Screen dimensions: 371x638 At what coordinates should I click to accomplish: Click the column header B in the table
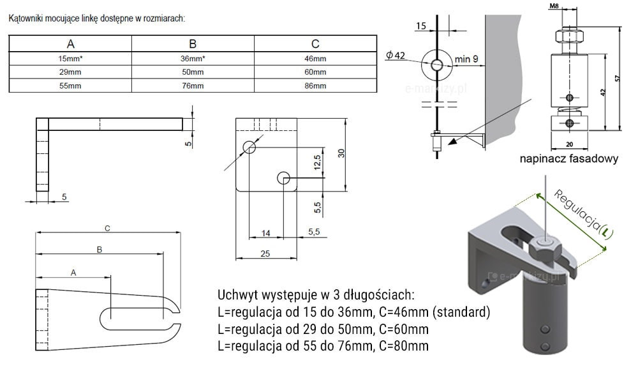click(193, 44)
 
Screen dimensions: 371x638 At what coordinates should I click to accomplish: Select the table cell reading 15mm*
click(70, 59)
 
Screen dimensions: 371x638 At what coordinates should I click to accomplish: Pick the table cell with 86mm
click(315, 86)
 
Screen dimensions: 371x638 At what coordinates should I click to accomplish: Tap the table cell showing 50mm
click(193, 72)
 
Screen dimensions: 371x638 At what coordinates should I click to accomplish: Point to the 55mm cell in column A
click(70, 86)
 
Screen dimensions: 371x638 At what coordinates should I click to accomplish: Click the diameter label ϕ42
click(396, 56)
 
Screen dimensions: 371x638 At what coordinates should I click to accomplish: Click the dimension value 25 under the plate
click(265, 254)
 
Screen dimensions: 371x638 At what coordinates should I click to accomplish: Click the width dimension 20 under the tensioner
click(570, 144)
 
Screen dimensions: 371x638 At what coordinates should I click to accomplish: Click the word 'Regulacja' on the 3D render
click(577, 210)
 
